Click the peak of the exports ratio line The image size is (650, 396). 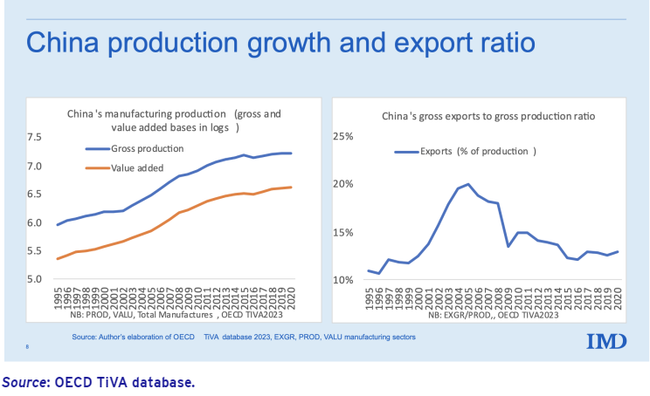pos(468,184)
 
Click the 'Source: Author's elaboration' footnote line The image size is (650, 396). pos(244,336)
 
